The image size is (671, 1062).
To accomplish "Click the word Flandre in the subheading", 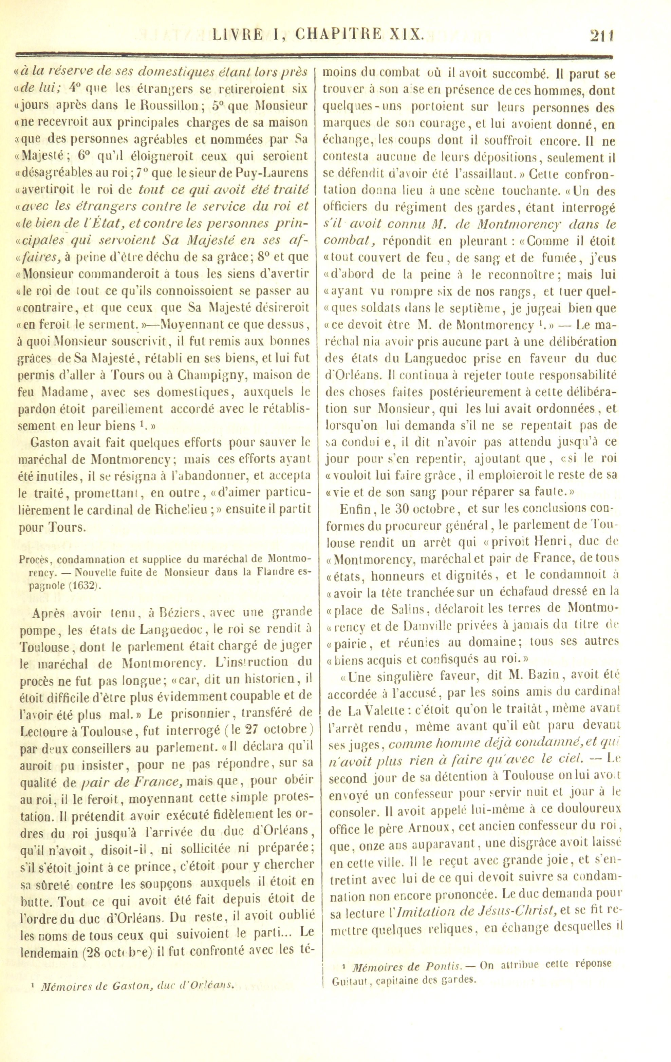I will pyautogui.click(x=262, y=574).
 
